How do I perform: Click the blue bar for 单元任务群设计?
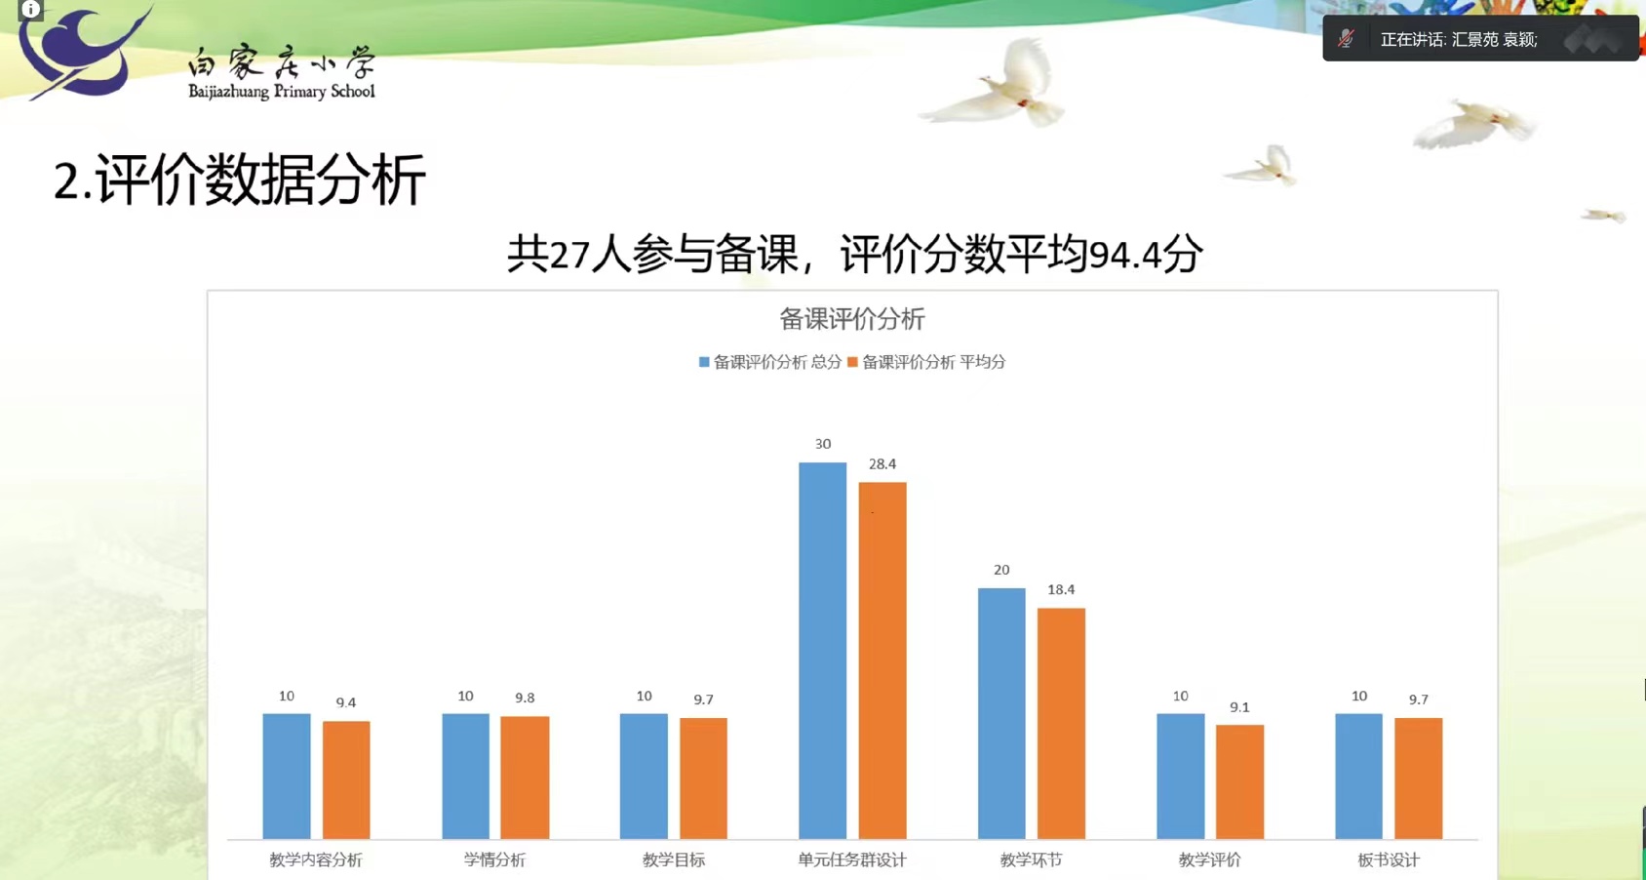click(x=822, y=651)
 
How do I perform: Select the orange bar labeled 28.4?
click(x=882, y=660)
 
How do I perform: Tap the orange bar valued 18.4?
click(x=1061, y=723)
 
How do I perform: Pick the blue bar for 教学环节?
click(x=1001, y=713)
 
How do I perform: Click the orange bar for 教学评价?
click(x=1239, y=781)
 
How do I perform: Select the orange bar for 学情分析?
click(x=525, y=778)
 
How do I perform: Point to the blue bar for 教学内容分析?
click(x=287, y=777)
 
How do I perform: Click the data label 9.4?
click(x=346, y=702)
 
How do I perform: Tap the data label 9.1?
click(x=1239, y=707)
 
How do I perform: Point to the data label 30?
click(x=823, y=444)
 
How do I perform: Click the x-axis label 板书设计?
click(x=1388, y=860)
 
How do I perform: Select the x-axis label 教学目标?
click(x=673, y=860)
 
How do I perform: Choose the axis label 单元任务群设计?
click(x=852, y=860)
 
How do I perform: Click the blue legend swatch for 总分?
click(x=704, y=362)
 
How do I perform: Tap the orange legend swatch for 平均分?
click(x=852, y=362)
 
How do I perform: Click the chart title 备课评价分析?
click(x=851, y=319)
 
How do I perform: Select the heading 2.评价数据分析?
click(x=240, y=180)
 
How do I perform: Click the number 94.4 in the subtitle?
click(x=1125, y=255)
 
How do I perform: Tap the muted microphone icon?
click(x=1346, y=38)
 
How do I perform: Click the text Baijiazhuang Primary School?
click(x=282, y=91)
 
